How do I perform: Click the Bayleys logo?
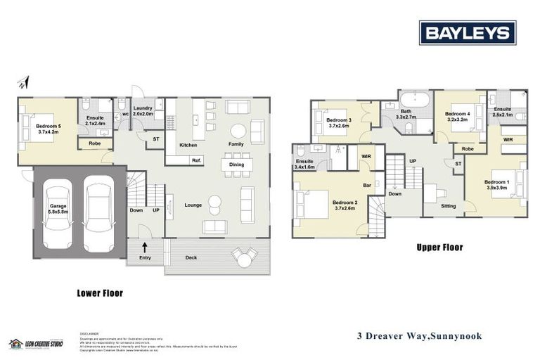tap(468, 32)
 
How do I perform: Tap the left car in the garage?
tap(57, 215)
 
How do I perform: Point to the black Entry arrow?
tap(145, 247)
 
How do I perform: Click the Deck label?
tap(191, 258)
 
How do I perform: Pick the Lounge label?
tap(193, 205)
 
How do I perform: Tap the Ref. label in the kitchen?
tap(196, 160)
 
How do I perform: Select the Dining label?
tap(236, 165)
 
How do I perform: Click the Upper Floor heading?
tap(439, 247)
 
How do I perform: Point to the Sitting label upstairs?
tap(448, 206)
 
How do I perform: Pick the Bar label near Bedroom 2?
tap(366, 186)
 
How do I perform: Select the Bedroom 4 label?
tap(457, 116)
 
